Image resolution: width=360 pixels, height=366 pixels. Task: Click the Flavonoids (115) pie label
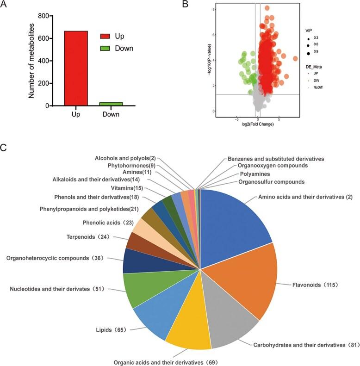315,284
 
